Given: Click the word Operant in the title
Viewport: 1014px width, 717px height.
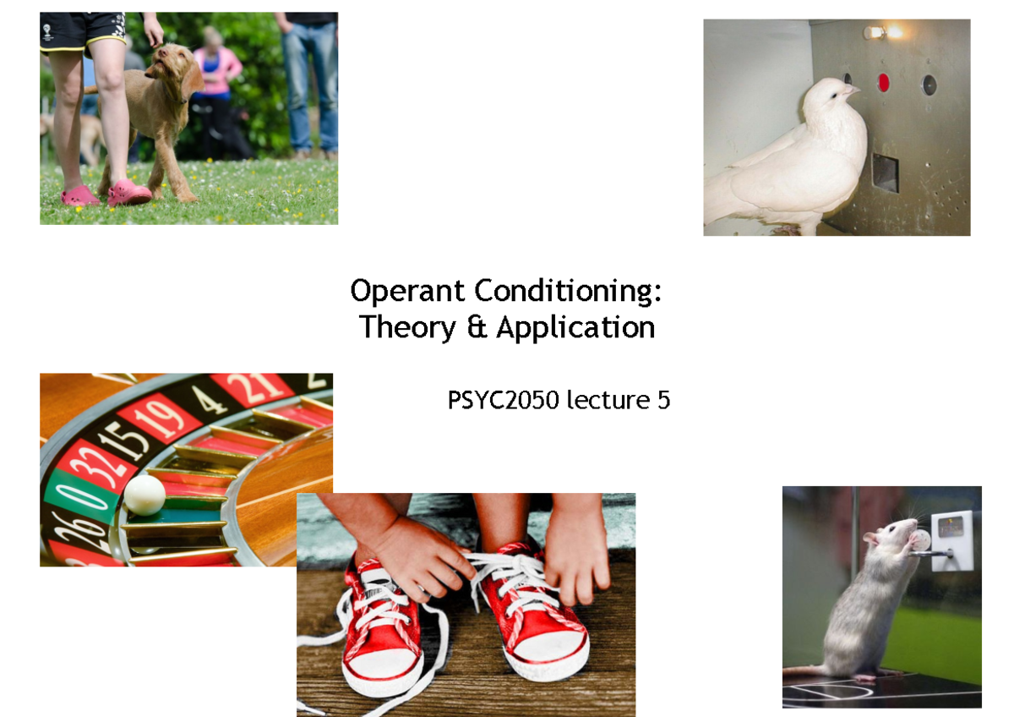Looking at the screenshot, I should pyautogui.click(x=407, y=292).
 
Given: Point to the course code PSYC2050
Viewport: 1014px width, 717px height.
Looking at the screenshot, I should pyautogui.click(x=503, y=400).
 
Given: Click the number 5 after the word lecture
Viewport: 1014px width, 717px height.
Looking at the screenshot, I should pyautogui.click(x=663, y=400).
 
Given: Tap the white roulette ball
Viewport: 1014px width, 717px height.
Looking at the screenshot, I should pyautogui.click(x=144, y=495).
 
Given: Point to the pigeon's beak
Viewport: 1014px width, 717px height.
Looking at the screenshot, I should pyautogui.click(x=853, y=88).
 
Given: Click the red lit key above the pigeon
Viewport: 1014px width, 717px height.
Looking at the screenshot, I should pyautogui.click(x=884, y=83).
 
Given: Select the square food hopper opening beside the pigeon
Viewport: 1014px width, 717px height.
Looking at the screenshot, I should pyautogui.click(x=885, y=172).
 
